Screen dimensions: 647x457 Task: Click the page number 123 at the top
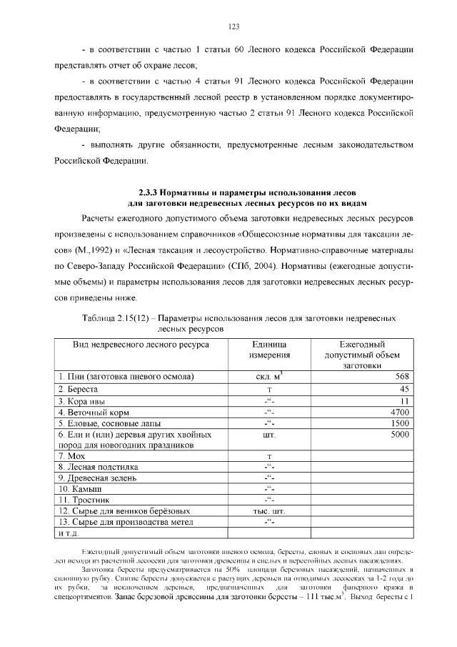tap(233, 26)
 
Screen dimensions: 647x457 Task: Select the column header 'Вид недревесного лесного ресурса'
tap(140, 344)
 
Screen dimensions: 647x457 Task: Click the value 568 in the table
tap(401, 377)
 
